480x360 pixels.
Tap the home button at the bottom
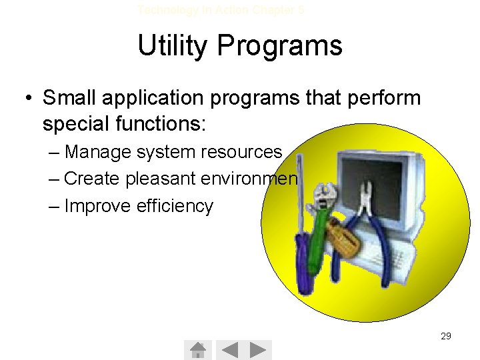pos(198,349)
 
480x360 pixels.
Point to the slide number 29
pos(446,336)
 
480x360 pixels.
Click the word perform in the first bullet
pos(383,98)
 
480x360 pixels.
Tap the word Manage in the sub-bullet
pos(99,152)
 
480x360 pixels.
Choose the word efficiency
pos(175,206)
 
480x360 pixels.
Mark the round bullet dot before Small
pos(27,99)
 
